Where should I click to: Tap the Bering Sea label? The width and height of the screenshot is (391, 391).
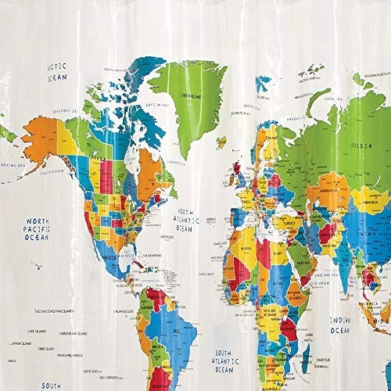point(13,165)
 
